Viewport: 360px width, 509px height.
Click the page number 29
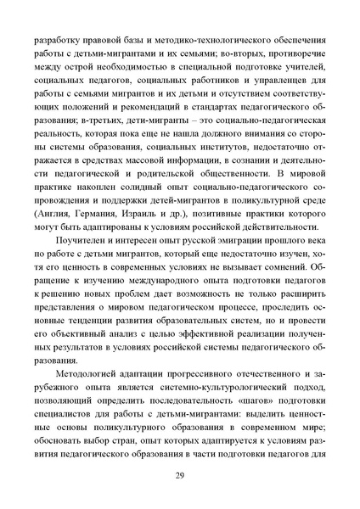180,475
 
